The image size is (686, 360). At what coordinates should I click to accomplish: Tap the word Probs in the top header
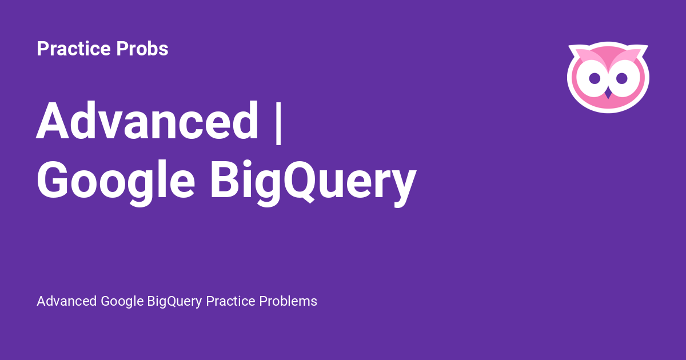(142, 49)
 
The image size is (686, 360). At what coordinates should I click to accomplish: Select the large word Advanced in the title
(147, 121)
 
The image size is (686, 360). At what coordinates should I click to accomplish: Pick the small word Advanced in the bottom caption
(67, 301)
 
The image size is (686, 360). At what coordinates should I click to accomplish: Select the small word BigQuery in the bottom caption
(175, 301)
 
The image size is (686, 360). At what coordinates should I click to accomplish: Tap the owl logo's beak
(608, 92)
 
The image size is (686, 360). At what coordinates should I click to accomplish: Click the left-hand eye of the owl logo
(595, 78)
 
